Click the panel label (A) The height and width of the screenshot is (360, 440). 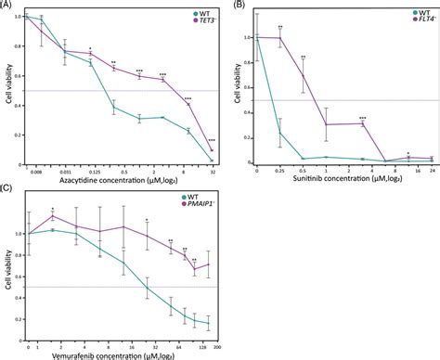(x=6, y=6)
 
